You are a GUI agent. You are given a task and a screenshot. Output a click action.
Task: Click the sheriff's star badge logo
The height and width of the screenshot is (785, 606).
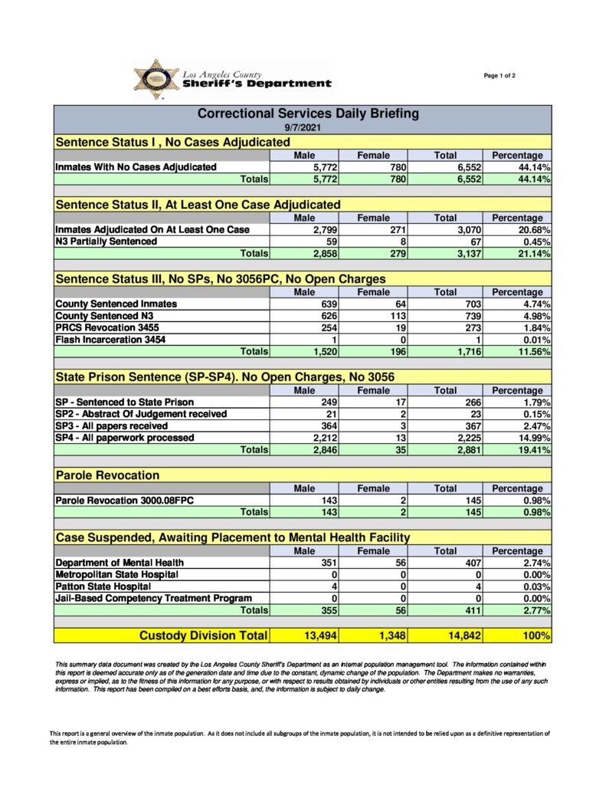click(x=156, y=79)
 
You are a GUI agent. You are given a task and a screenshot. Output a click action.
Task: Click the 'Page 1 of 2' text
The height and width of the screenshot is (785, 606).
click(x=500, y=76)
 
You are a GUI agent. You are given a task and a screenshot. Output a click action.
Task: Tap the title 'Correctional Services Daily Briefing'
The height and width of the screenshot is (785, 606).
click(x=308, y=113)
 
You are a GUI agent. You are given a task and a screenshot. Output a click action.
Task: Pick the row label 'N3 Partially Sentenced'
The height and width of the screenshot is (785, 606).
click(x=106, y=241)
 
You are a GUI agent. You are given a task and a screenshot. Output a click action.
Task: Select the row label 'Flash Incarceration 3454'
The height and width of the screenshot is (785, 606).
click(x=110, y=340)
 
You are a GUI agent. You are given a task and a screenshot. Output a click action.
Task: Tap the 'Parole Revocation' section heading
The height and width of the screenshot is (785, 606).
click(x=107, y=475)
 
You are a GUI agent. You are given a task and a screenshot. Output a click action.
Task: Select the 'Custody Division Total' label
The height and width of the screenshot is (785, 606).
click(x=203, y=636)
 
